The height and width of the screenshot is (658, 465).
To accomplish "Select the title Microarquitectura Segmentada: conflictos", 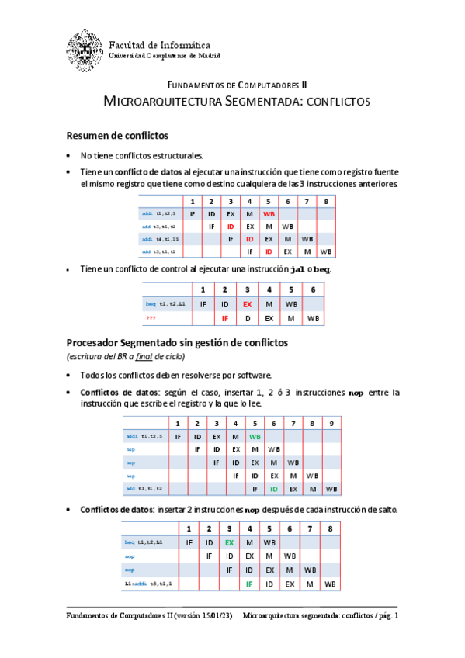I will [x=237, y=102].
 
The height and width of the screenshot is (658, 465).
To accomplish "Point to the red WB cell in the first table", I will [x=269, y=213].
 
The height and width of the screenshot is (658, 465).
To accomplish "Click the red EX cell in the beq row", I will [x=248, y=304].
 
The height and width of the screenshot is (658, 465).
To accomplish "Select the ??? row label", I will [x=151, y=318].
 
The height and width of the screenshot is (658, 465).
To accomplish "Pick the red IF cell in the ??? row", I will [x=225, y=318].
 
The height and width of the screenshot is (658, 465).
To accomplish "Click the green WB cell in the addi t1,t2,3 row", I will [x=255, y=436].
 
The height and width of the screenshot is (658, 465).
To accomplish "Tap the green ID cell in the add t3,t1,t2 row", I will [x=273, y=489].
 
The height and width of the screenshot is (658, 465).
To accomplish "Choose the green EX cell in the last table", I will [x=229, y=542].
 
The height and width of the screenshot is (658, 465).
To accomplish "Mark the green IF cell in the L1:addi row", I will [x=249, y=583].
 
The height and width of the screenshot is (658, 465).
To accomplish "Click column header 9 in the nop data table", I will [x=331, y=423].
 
